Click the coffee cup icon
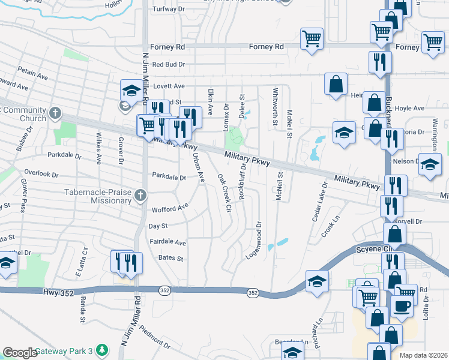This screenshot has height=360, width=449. click(x=402, y=306)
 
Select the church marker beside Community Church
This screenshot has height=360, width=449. click(x=55, y=113)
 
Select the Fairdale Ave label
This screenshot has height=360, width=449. click(x=168, y=242)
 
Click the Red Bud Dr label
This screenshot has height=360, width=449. click(x=169, y=64)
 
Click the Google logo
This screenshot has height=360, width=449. click(x=20, y=353)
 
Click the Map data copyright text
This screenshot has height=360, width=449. click(x=423, y=355)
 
